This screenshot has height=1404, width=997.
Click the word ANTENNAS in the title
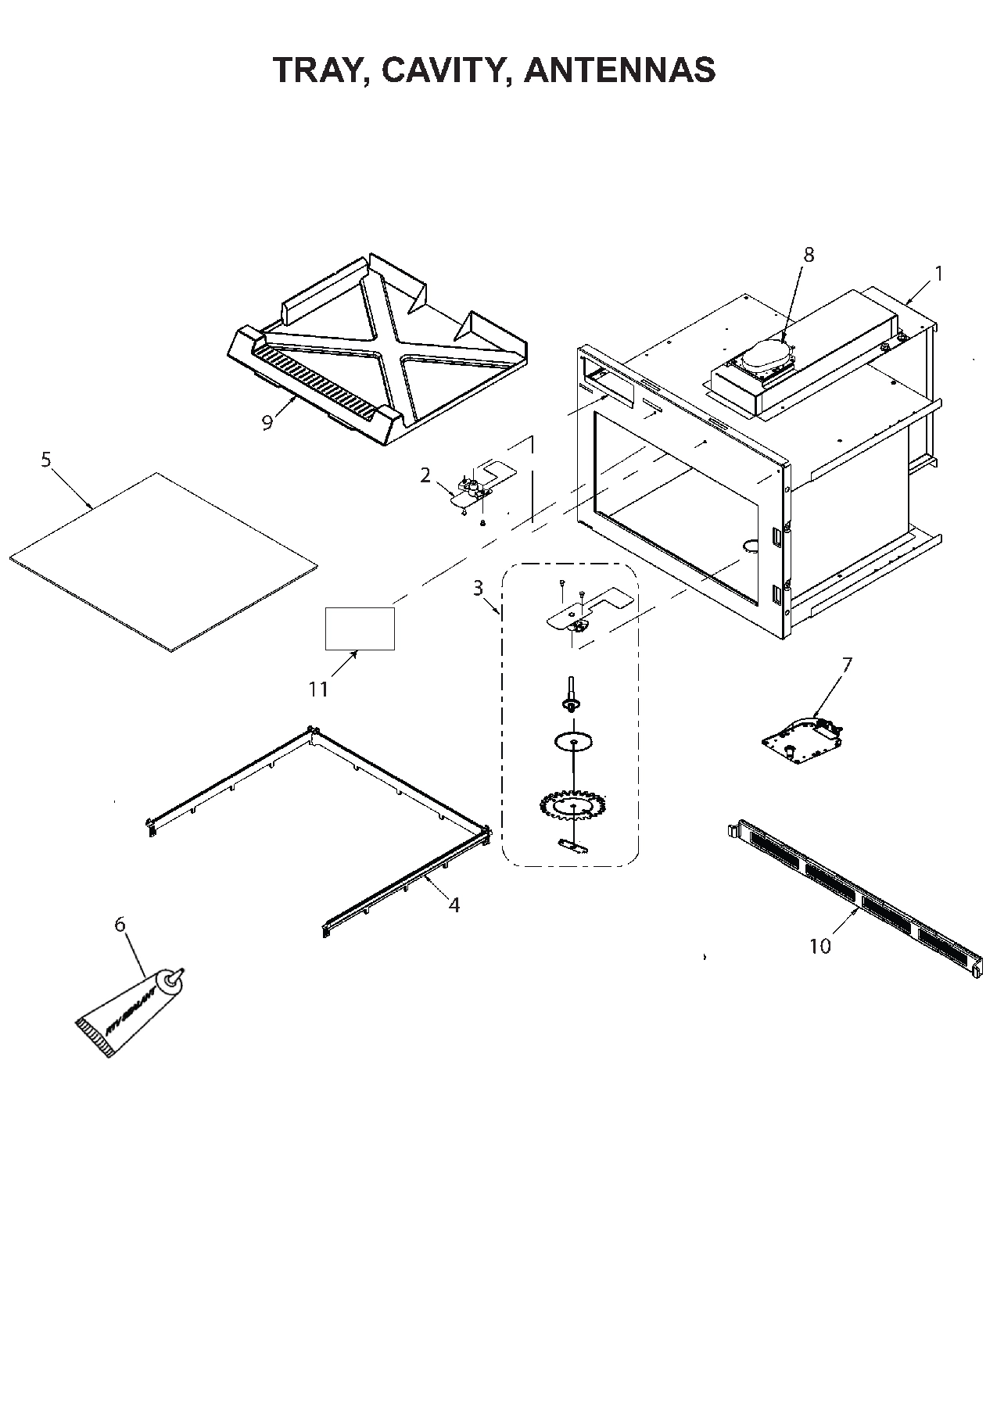pyautogui.click(x=619, y=70)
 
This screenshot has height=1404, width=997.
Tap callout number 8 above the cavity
pyautogui.click(x=809, y=255)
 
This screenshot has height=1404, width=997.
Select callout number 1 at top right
pyautogui.click(x=938, y=274)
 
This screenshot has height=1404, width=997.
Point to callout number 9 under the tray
pyautogui.click(x=267, y=423)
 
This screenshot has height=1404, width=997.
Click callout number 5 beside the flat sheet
pyautogui.click(x=45, y=460)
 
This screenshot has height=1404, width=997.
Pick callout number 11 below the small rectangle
pyautogui.click(x=317, y=689)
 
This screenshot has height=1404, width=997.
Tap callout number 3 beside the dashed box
pyautogui.click(x=478, y=588)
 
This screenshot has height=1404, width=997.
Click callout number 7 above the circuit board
pyautogui.click(x=847, y=664)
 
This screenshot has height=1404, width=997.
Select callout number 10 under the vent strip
pyautogui.click(x=819, y=947)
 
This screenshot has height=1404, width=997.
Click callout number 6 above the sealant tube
pyautogui.click(x=120, y=925)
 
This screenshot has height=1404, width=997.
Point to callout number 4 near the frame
pyautogui.click(x=454, y=905)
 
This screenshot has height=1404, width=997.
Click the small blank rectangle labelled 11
pyautogui.click(x=360, y=628)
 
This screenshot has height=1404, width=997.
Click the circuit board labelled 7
pyautogui.click(x=804, y=740)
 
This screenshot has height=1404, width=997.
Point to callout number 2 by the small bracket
pyautogui.click(x=425, y=475)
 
